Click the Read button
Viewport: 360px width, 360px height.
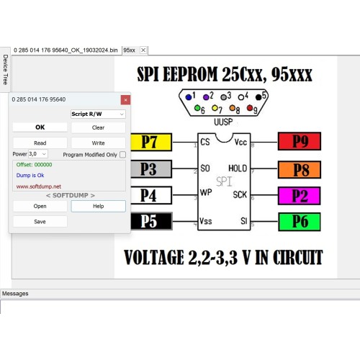pyautogui.click(x=40, y=143)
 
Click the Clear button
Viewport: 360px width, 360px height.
pyautogui.click(x=98, y=127)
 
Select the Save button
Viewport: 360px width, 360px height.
pyautogui.click(x=40, y=222)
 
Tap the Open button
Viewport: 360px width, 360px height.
pyautogui.click(x=40, y=206)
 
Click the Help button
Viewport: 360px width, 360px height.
pyautogui.click(x=98, y=206)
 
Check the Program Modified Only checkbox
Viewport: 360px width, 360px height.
pyautogui.click(x=122, y=155)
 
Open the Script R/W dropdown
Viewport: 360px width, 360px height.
pyautogui.click(x=98, y=114)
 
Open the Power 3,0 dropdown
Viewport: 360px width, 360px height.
pyautogui.click(x=38, y=154)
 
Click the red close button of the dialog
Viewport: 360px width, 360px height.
pyautogui.click(x=125, y=100)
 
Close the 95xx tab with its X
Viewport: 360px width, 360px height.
pyautogui.click(x=143, y=50)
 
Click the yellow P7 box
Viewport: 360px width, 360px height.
pyautogui.click(x=151, y=142)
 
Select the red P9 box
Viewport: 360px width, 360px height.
pyautogui.click(x=300, y=141)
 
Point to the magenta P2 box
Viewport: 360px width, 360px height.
pyautogui.click(x=300, y=196)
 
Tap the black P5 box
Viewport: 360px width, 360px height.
pyautogui.click(x=151, y=221)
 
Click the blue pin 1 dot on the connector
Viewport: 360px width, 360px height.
pyautogui.click(x=189, y=97)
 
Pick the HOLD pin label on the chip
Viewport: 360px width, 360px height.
pyautogui.click(x=238, y=168)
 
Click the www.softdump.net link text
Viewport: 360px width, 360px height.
pyautogui.click(x=39, y=186)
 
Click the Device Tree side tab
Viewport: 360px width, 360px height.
pyautogui.click(x=5, y=70)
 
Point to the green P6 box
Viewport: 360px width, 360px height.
pyautogui.click(x=300, y=222)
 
